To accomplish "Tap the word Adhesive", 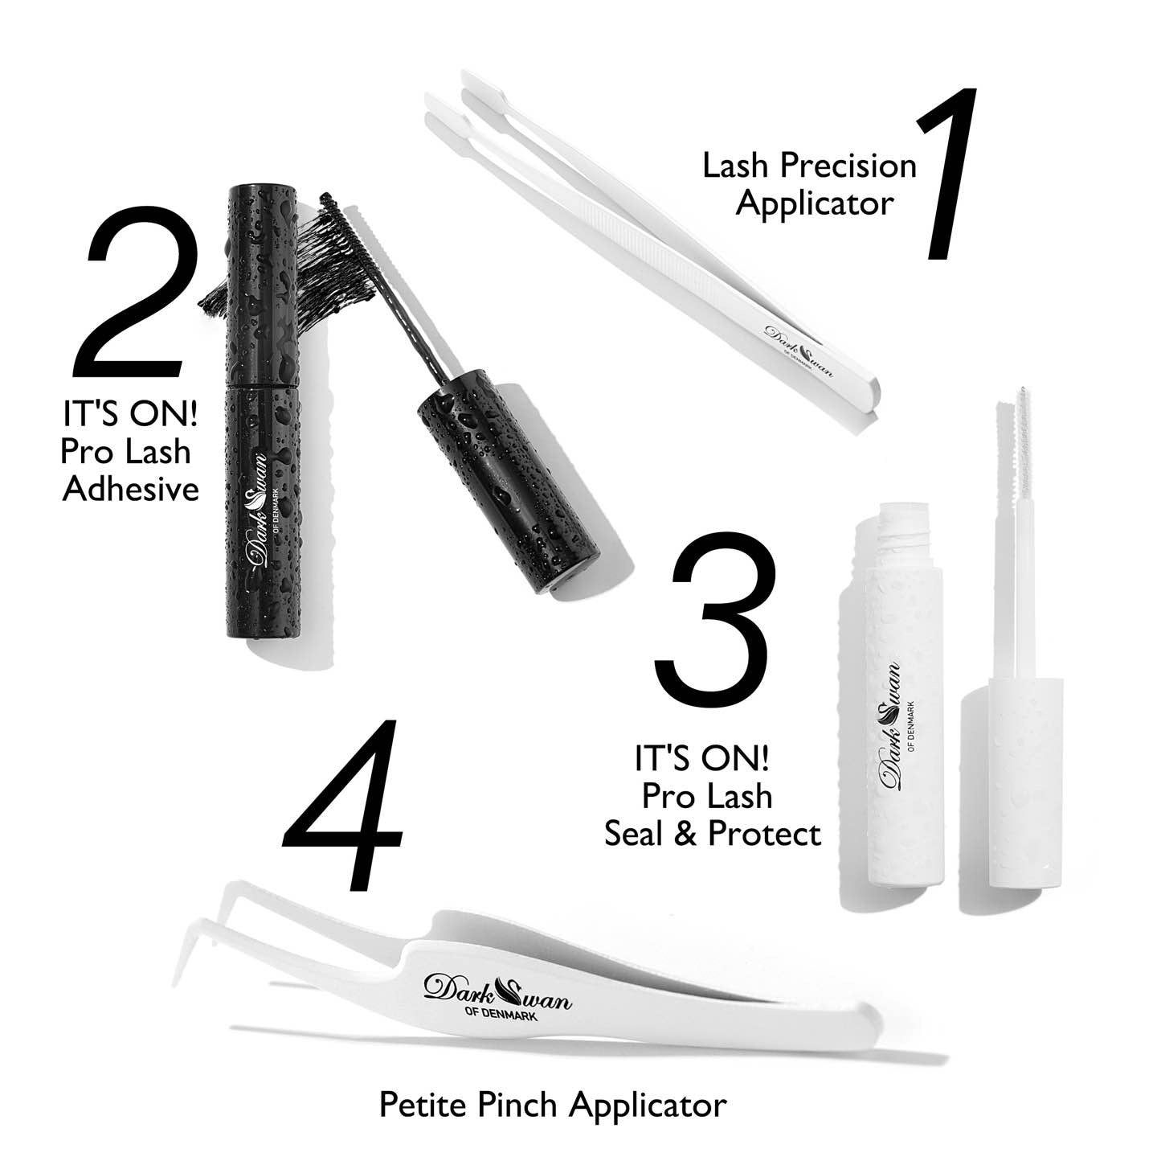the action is [x=130, y=489].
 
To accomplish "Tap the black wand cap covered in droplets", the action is [x=507, y=481].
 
